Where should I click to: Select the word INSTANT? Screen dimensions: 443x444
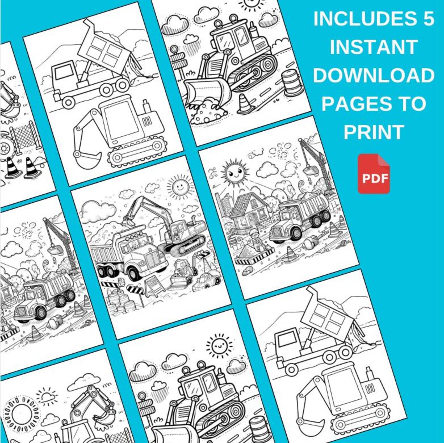(x=374, y=47)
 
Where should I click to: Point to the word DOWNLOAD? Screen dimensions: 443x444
(x=374, y=76)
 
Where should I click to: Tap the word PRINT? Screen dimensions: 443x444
(x=374, y=132)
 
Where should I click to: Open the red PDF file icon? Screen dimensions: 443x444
(x=374, y=174)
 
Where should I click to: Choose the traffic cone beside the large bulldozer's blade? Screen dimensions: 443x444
(x=245, y=104)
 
